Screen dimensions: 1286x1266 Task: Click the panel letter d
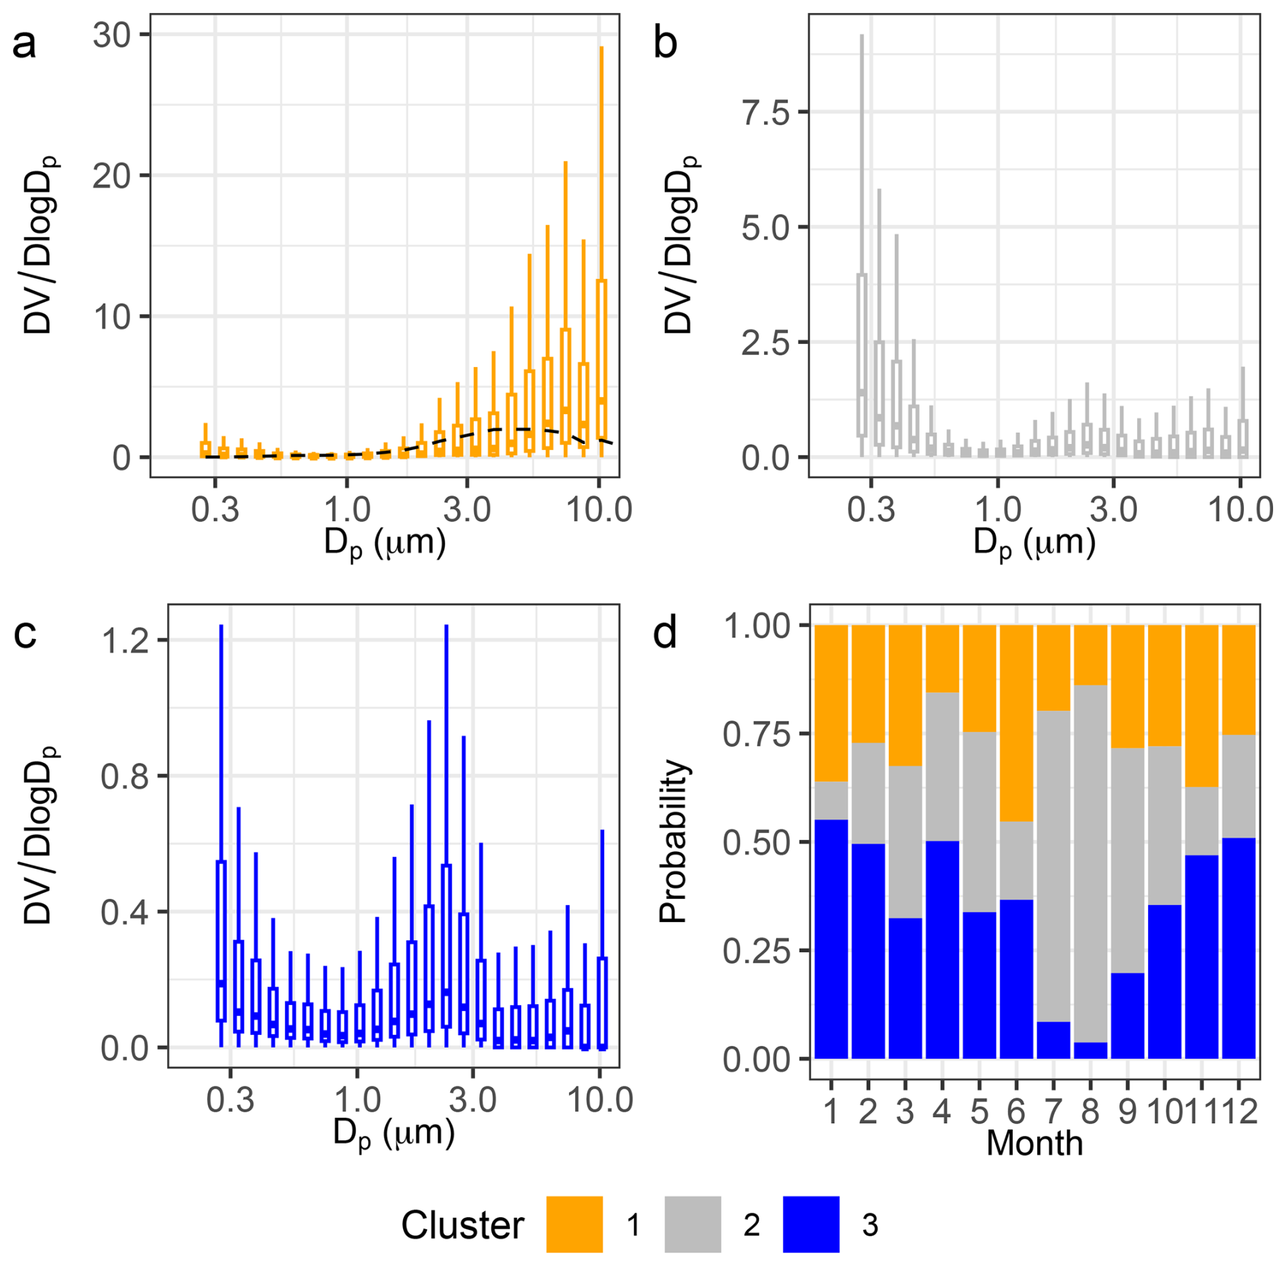(x=664, y=633)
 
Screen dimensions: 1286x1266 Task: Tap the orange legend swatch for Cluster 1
(x=574, y=1225)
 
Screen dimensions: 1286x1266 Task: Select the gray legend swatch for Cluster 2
(x=693, y=1225)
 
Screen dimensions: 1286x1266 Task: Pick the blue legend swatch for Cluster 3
(x=811, y=1225)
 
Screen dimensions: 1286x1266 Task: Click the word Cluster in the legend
(x=462, y=1225)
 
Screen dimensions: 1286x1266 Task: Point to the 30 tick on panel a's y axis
(x=112, y=35)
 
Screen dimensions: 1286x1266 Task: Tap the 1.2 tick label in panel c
(x=125, y=640)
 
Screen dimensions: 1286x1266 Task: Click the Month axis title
(x=1035, y=1143)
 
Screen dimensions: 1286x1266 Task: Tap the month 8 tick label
(x=1090, y=1112)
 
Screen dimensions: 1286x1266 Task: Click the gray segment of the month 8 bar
(x=1090, y=863)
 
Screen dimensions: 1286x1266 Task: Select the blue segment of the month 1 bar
(x=831, y=939)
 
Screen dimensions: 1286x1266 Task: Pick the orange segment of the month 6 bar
(x=1016, y=723)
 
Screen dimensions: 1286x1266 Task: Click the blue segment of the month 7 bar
(x=1054, y=1040)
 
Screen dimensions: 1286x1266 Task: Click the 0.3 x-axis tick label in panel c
(x=230, y=1099)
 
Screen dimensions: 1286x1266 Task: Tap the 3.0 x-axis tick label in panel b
(x=1113, y=509)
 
